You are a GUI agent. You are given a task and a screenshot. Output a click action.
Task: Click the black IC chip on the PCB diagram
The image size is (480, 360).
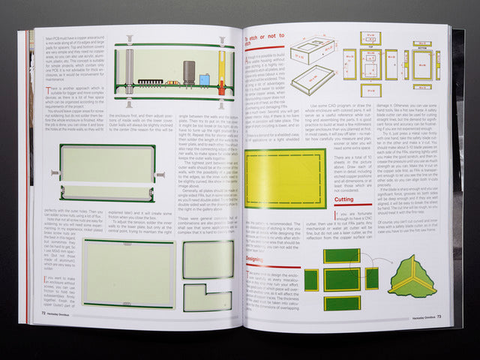152,79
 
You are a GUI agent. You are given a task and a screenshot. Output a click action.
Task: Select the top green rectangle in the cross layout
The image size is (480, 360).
341,256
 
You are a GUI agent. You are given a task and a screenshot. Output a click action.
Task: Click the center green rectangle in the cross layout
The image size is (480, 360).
341,279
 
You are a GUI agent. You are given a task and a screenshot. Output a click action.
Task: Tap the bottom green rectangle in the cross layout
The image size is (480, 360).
341,303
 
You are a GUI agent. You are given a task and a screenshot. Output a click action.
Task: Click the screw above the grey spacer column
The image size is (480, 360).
130,38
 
